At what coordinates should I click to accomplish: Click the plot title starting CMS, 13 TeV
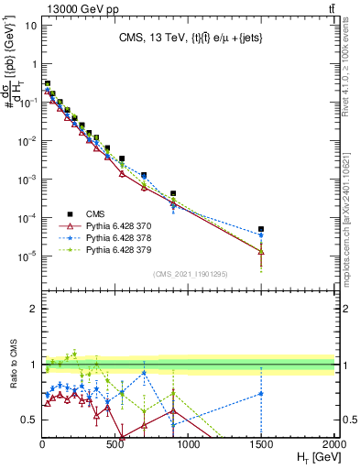(x=201, y=38)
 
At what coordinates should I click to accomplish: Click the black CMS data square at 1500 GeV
(x=262, y=229)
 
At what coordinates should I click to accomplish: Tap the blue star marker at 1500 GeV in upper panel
(x=262, y=235)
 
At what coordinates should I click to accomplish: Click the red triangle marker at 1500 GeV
(x=262, y=251)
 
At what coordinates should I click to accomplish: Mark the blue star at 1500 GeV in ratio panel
(x=262, y=394)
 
